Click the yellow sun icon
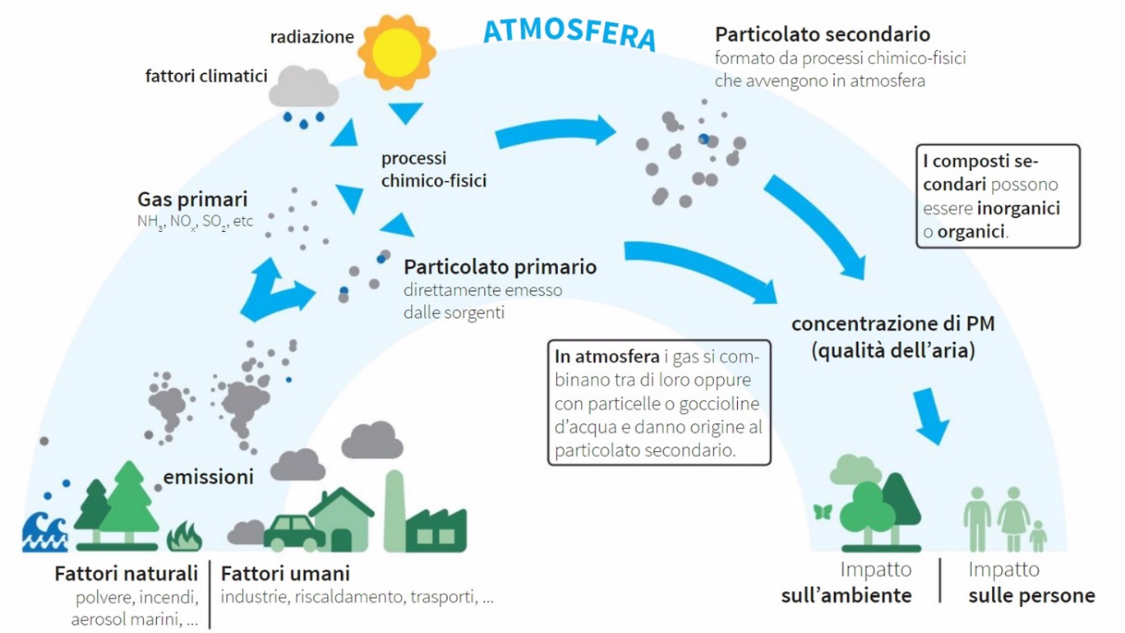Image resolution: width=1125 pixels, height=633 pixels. click(397, 53)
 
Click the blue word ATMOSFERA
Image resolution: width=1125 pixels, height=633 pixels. click(570, 33)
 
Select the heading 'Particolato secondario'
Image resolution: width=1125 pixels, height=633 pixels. click(823, 35)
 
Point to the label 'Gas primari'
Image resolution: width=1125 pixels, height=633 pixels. click(192, 200)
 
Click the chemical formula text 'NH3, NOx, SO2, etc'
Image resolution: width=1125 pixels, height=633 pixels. click(195, 222)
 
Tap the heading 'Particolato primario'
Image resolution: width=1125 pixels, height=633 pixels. click(500, 266)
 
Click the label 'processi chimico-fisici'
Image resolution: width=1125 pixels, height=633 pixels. click(434, 169)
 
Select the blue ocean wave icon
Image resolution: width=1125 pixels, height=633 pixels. click(44, 532)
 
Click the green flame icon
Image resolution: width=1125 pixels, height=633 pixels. click(184, 537)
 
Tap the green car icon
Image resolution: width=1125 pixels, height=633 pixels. click(294, 533)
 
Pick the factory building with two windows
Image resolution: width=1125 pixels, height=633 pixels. click(436, 530)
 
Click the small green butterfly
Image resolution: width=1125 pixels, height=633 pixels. click(823, 512)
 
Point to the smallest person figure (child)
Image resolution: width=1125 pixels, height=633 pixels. click(1038, 536)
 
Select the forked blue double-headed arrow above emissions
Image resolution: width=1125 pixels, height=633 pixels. click(275, 290)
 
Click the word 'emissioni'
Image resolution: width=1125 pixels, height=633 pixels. click(209, 477)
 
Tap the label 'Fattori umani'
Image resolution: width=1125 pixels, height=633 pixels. click(285, 573)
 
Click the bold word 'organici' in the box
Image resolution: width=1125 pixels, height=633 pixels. click(971, 232)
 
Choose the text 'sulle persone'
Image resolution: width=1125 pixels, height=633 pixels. click(1031, 595)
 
